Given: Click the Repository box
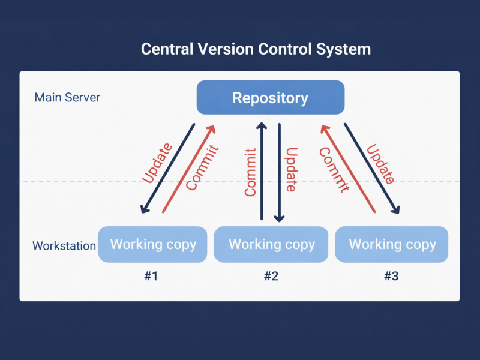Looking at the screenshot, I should (271, 98).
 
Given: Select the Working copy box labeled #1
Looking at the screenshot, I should (154, 244).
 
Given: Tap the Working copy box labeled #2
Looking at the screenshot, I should (272, 244).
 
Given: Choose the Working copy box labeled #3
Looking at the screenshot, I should (392, 244).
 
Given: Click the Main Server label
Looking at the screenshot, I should (67, 97).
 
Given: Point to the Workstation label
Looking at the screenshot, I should (64, 246).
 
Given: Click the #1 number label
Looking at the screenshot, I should (151, 277).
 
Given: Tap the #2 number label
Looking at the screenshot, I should (271, 277).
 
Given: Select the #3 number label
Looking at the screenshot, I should (391, 277).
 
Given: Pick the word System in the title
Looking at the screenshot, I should (346, 49).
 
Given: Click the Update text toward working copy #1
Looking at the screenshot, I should (158, 163).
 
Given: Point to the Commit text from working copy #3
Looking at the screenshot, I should (334, 170).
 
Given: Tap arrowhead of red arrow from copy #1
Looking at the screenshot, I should (211, 127).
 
